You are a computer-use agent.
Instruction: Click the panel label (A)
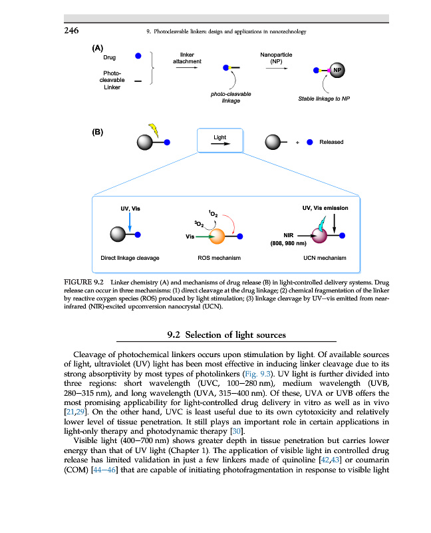pos(98,49)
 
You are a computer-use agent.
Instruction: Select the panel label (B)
pos(98,132)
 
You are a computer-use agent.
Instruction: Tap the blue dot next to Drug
pos(138,57)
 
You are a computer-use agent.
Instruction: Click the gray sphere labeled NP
pos(337,69)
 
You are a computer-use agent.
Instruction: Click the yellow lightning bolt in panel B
pos(154,130)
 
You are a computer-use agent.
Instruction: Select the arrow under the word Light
pos(220,143)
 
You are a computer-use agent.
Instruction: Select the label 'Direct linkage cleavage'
pos(130,257)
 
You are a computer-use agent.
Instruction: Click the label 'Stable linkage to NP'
pos(324,99)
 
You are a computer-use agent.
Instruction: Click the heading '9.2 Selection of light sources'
pos(226,334)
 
